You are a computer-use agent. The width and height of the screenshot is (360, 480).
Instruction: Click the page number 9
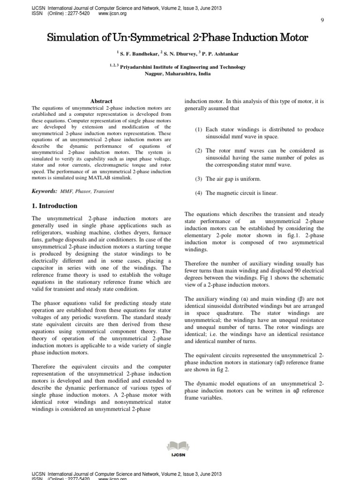(x=322, y=20)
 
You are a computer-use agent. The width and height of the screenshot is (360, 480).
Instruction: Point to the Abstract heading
(x=101, y=101)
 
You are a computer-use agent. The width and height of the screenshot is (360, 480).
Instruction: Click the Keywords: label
(x=44, y=191)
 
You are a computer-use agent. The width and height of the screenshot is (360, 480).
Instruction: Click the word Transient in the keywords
(x=104, y=192)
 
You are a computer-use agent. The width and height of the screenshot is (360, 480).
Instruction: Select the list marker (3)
(x=199, y=179)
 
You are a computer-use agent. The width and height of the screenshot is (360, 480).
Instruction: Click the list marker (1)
(x=199, y=129)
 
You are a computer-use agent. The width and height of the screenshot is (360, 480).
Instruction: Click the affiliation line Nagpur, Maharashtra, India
(x=180, y=74)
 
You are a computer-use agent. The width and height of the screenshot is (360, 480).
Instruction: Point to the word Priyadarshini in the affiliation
(x=139, y=67)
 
